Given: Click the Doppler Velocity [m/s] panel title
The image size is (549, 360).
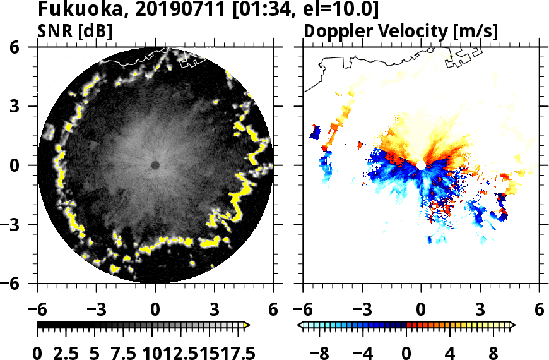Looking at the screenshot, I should pos(401,31).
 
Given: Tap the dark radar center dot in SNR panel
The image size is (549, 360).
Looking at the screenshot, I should pos(155,165).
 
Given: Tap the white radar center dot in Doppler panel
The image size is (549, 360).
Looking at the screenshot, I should pos(421,165).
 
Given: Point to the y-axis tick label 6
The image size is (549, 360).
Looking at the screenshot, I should pos(20,47).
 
